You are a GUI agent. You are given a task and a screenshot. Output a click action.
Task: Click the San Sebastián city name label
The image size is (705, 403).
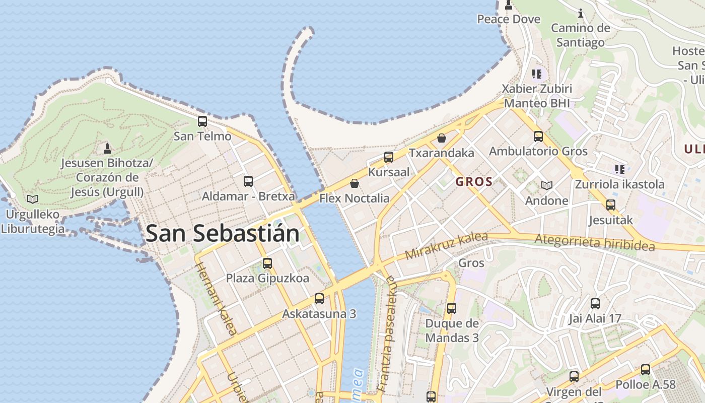tap(222, 234)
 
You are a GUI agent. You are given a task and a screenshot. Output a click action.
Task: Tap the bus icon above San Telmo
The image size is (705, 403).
tap(202, 121)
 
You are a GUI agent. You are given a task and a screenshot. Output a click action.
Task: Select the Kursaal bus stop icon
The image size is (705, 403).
tap(388, 157)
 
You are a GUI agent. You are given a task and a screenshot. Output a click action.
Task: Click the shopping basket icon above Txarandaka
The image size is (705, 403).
tap(442, 138)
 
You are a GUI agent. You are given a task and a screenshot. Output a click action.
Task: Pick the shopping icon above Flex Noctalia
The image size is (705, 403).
tap(355, 183)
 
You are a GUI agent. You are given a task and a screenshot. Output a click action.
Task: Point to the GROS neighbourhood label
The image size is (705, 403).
tap(474, 182)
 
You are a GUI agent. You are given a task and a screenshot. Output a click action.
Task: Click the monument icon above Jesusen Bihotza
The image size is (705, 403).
tap(107, 149)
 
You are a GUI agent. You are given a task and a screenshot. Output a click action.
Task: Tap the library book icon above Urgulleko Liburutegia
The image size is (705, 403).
tap(33, 199)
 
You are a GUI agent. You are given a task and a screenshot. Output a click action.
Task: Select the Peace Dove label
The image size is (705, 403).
tap(509, 19)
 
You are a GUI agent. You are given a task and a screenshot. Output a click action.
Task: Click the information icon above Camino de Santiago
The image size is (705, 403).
tap(580, 13)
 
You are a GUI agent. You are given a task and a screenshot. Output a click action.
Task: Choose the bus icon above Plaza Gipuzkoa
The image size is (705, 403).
tap(267, 263)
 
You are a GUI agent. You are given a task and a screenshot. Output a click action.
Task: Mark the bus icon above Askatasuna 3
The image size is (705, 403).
tap(319, 299)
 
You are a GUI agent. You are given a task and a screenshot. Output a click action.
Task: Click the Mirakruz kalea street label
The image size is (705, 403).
tap(446, 246)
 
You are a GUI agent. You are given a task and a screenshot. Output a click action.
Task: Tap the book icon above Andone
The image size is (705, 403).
tap(547, 186)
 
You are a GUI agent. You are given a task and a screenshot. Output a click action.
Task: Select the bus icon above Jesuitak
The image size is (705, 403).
tap(611, 205)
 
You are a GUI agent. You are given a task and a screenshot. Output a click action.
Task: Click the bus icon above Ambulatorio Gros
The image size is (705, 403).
tap(538, 137)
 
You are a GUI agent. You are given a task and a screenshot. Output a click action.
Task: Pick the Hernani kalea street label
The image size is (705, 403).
tap(216, 299)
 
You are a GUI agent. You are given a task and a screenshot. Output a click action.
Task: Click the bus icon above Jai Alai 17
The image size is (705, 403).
tap(595, 304)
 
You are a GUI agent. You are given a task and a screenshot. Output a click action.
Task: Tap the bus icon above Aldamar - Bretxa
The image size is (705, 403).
tap(248, 181)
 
